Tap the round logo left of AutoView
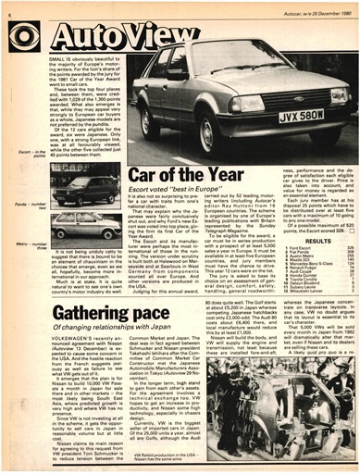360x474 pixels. pyautogui.click(x=25, y=36)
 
